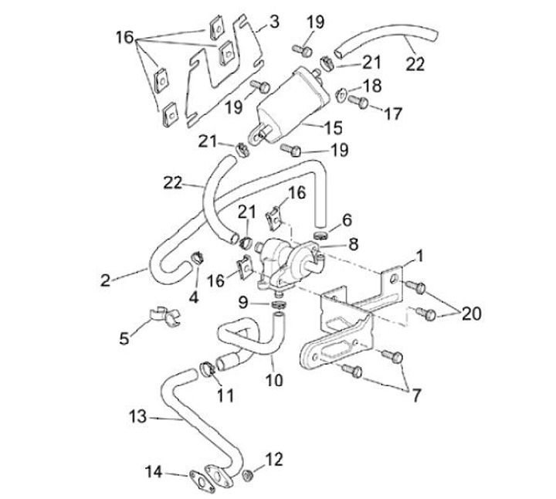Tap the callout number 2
coord(105,280)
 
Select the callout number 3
coord(273,21)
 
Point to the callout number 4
coord(194,296)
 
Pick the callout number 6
coord(347,219)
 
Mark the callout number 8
coord(353,244)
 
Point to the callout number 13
coord(137,418)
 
